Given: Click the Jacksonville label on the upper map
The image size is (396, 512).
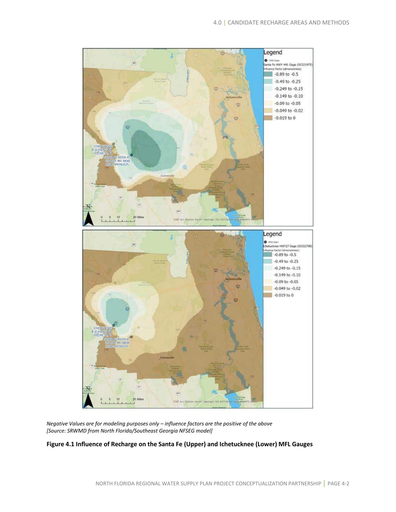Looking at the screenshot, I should [234, 97].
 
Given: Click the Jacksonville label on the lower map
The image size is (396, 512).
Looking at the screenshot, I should [233, 279].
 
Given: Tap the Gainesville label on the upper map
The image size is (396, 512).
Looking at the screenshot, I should [167, 176].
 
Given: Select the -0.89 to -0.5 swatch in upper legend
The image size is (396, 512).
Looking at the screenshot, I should [268, 74].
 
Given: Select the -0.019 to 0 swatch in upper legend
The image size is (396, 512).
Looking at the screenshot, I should [268, 118].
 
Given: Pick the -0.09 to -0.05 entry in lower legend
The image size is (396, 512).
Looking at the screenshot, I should [286, 282].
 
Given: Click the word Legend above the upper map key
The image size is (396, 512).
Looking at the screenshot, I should [273, 52].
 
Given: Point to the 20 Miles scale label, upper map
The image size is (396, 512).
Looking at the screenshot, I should [139, 217].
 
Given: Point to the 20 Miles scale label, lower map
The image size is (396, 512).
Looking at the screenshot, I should [139, 399].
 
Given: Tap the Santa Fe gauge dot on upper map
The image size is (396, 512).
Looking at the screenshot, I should [131, 155].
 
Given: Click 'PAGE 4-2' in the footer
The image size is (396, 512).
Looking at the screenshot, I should [338, 483].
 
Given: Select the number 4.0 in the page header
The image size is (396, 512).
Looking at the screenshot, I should [217, 23].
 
